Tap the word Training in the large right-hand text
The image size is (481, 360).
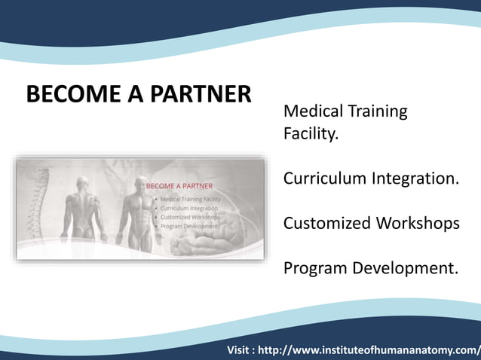click(378, 111)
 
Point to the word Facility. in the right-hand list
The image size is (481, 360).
click(311, 135)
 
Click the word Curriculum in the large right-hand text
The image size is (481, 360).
click(324, 178)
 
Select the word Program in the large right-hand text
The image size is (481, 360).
click(317, 268)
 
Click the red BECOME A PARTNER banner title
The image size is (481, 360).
click(179, 185)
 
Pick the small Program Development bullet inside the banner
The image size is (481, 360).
click(188, 226)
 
